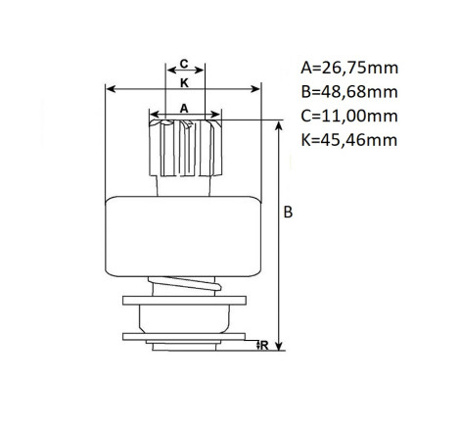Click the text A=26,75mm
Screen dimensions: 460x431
349,68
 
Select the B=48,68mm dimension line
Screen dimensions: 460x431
279,236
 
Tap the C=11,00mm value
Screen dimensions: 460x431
349,116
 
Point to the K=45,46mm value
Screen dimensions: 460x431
349,140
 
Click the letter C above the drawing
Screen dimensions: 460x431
184,64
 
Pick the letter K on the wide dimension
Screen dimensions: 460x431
184,83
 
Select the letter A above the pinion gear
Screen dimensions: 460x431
184,108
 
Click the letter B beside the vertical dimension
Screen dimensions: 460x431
288,212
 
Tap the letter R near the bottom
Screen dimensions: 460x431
264,345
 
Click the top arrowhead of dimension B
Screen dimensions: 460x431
279,125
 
